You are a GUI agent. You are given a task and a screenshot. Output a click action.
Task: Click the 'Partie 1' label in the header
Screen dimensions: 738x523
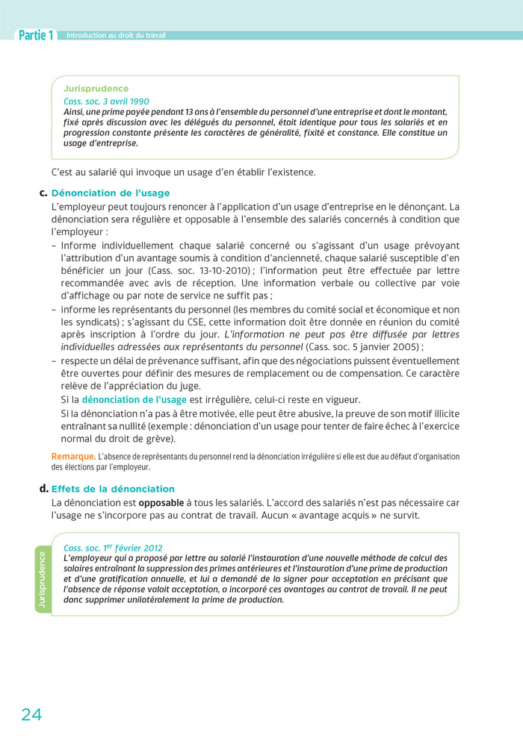click(35, 35)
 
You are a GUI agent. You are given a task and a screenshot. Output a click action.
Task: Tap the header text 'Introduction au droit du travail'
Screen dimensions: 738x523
click(116, 35)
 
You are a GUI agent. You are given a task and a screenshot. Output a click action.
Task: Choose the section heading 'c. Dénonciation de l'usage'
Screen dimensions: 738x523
click(110, 193)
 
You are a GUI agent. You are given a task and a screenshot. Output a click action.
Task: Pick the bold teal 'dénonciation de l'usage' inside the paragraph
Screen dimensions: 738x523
click(134, 400)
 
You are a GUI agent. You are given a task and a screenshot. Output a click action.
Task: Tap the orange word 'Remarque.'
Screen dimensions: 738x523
click(72, 456)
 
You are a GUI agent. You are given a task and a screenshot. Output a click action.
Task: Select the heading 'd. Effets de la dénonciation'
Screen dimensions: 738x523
click(112, 489)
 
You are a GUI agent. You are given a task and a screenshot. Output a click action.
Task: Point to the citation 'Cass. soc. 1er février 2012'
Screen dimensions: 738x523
click(113, 547)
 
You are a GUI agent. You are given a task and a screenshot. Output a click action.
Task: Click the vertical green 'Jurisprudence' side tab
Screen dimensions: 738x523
click(42, 579)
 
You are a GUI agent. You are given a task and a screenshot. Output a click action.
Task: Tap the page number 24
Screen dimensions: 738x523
click(31, 714)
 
